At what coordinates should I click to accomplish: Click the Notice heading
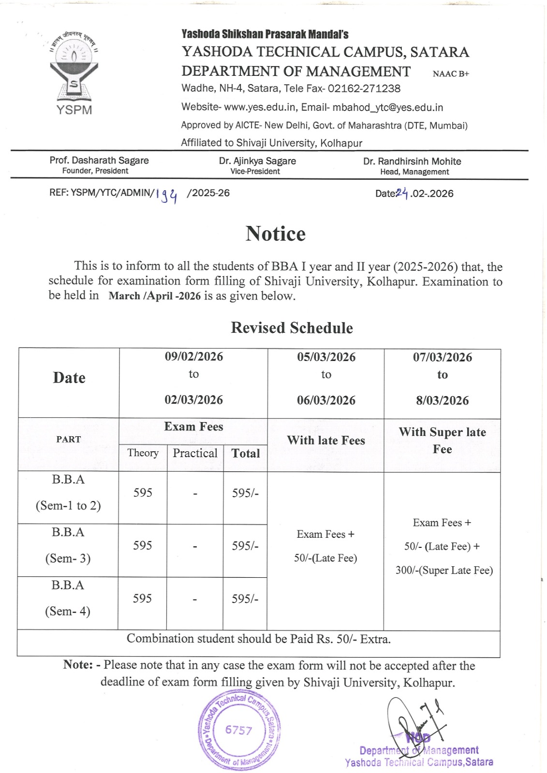275,234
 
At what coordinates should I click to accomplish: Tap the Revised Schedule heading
292,328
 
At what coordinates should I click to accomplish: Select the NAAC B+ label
451,74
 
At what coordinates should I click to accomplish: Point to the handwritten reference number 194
167,195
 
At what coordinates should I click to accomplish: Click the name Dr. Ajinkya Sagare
257,161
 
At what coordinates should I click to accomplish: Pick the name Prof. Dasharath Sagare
99,160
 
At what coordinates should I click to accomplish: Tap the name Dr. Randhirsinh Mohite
412,161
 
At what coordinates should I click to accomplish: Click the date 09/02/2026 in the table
194,357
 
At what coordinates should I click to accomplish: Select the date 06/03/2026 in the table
326,400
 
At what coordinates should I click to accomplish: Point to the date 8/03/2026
442,400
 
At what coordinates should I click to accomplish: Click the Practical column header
195,453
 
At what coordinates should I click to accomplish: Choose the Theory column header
143,453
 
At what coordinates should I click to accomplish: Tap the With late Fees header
326,440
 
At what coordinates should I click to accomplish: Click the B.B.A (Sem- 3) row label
68,545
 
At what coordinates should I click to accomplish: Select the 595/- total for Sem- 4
245,599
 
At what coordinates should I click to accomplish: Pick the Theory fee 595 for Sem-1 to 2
143,492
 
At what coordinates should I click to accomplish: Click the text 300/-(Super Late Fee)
444,570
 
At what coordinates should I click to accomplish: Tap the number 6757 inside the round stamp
238,730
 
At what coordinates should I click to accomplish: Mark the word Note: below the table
77,665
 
